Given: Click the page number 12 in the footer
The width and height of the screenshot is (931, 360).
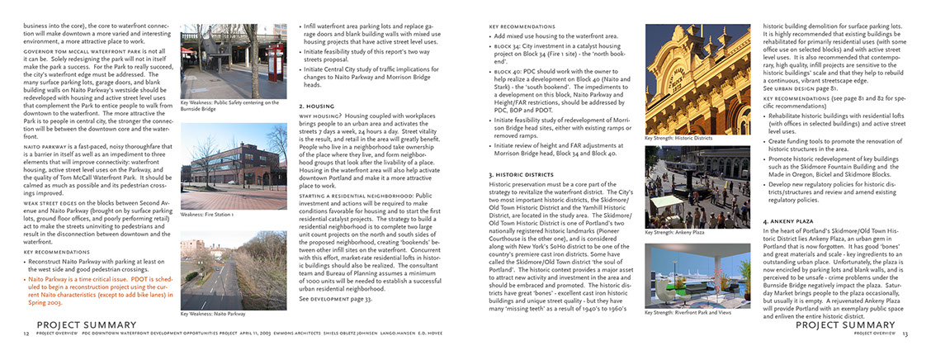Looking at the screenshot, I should click(26, 334).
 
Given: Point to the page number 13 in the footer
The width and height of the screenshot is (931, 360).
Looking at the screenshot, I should click(905, 334).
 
